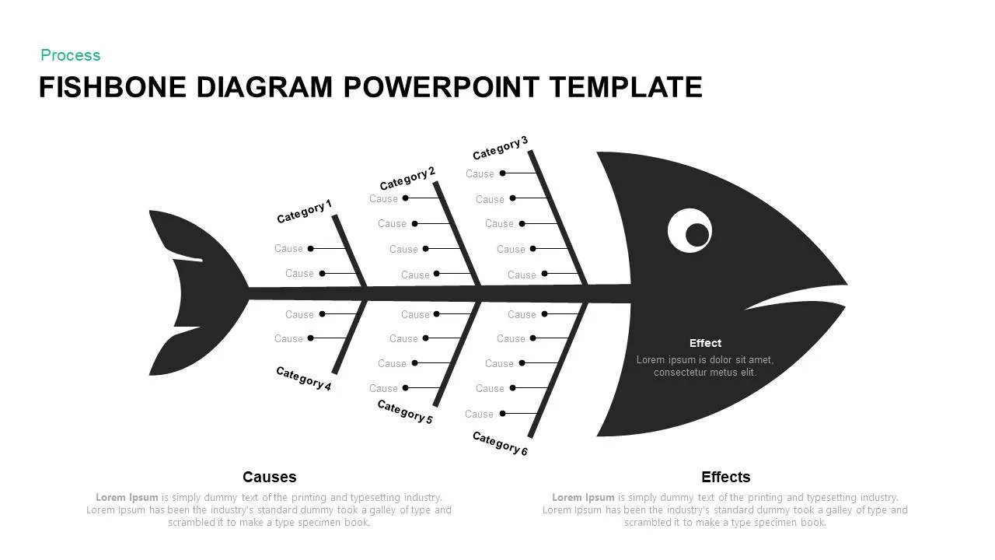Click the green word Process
70,55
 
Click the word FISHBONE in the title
113,87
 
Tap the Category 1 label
304,212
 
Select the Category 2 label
407,178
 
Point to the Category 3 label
500,148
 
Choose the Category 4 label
304,378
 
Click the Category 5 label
405,411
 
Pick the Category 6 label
500,443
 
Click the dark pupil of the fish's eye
697,235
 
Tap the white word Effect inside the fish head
705,343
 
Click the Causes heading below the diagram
269,477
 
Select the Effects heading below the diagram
725,477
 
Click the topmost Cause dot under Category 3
502,173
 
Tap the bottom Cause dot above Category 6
502,413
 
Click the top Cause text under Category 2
383,198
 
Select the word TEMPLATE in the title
626,87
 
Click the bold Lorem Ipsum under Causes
127,497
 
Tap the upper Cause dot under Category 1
310,248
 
